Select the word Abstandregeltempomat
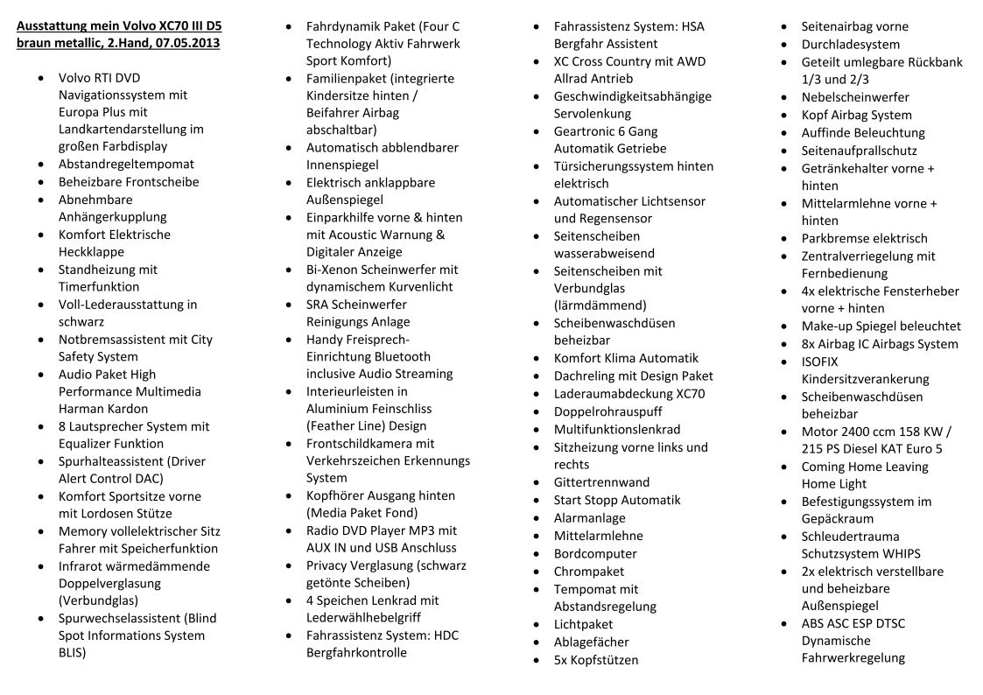[x=126, y=164]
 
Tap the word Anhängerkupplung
[x=112, y=216]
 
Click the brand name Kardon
[x=127, y=409]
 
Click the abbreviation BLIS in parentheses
[x=72, y=652]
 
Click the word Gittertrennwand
[x=601, y=482]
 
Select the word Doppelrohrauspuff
[x=607, y=411]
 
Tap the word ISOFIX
[x=819, y=362]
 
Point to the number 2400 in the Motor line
[x=860, y=432]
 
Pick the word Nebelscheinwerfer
[x=855, y=97]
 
